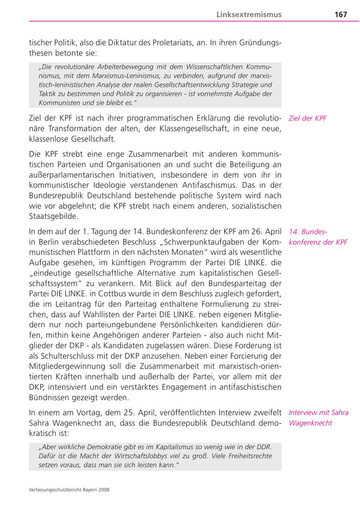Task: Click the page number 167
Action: tap(340, 14)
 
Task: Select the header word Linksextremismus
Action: tap(249, 14)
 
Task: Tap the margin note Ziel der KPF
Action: tap(307, 118)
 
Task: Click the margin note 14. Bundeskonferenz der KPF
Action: tap(318, 237)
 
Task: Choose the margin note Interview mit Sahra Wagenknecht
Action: tap(318, 418)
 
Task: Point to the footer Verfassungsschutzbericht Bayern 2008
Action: tap(69, 489)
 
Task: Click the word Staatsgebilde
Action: tap(54, 216)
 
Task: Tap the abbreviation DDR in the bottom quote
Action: tap(264, 447)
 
